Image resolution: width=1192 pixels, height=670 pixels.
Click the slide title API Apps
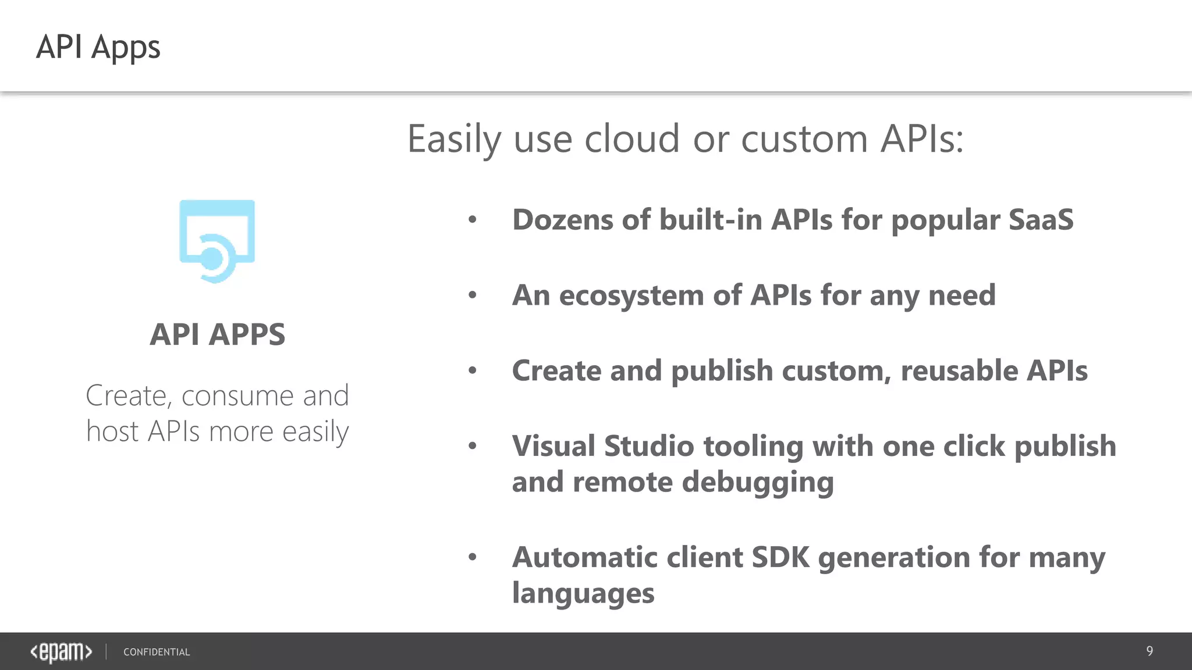pos(98,47)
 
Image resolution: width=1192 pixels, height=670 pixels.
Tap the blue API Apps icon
pos(217,241)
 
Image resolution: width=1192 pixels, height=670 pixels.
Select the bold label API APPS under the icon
pos(217,334)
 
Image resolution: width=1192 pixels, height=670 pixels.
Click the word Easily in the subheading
pos(454,140)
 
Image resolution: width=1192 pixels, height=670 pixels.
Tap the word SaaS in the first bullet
pos(1040,220)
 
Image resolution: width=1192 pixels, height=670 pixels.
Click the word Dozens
pos(562,220)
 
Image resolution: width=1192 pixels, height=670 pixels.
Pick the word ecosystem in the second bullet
pos(632,295)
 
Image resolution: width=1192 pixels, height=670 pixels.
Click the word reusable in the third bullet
pos(959,371)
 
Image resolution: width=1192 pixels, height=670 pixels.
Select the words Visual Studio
pos(603,447)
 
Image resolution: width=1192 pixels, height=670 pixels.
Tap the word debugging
pos(757,483)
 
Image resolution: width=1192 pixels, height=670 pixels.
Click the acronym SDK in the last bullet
pos(780,557)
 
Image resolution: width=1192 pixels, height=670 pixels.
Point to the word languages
pos(583,594)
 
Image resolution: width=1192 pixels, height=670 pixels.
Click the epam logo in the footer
pos(61,651)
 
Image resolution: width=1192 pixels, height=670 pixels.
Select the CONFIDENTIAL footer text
pos(157,652)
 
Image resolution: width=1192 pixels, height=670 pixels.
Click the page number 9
pos(1149,651)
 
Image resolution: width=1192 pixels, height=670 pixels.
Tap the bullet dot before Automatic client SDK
pos(473,557)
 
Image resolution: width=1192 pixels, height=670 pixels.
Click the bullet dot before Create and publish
pos(473,370)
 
